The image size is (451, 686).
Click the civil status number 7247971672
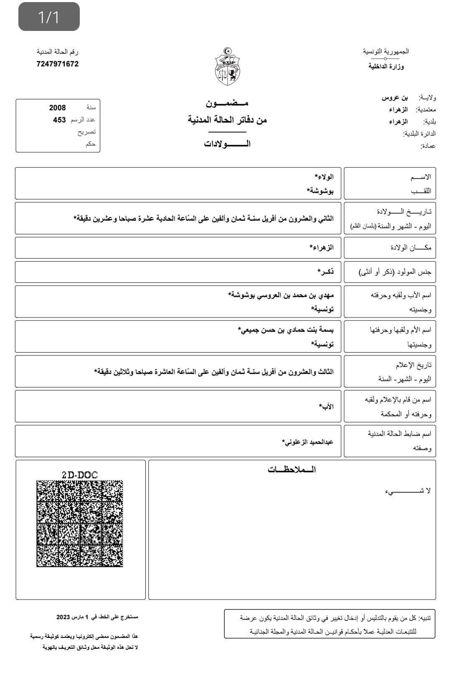click(x=58, y=64)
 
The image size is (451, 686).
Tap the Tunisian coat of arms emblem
click(x=228, y=66)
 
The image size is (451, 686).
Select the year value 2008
click(x=58, y=108)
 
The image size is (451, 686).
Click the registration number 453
click(x=59, y=120)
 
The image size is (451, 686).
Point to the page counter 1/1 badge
click(x=49, y=17)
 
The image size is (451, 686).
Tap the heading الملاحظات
click(x=291, y=470)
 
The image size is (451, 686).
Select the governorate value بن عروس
click(x=395, y=98)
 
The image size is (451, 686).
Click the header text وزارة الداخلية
click(x=386, y=66)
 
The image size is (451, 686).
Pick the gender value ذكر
click(x=326, y=272)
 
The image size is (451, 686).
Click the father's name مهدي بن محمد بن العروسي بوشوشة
click(x=281, y=295)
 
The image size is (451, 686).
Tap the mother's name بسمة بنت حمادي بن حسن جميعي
click(x=286, y=330)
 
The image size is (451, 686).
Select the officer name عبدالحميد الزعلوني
click(x=308, y=442)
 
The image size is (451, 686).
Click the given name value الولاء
click(x=324, y=177)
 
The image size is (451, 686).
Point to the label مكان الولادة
click(x=411, y=248)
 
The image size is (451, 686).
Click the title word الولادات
click(x=227, y=144)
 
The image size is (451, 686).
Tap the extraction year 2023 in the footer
click(x=63, y=617)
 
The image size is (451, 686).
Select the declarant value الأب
click(x=327, y=407)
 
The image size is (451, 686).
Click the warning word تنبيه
click(x=426, y=617)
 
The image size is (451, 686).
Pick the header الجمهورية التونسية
click(x=386, y=51)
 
